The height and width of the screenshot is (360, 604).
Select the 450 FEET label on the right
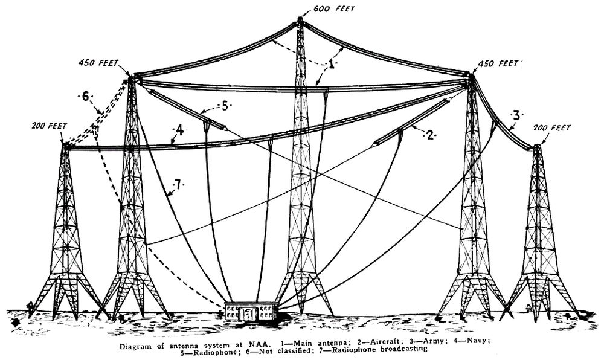498,64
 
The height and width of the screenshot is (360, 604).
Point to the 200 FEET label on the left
50,126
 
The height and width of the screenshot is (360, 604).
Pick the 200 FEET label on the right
551,128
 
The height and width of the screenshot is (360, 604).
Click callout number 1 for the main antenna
331,64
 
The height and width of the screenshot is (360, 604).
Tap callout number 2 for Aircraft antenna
430,135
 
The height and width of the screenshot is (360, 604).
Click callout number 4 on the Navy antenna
179,130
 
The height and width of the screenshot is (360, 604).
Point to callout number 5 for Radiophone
225,105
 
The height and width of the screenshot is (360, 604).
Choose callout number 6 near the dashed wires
86,97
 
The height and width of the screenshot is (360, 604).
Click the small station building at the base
251,311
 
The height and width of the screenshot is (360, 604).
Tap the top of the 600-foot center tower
300,19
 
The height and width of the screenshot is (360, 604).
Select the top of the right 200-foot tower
536,147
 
